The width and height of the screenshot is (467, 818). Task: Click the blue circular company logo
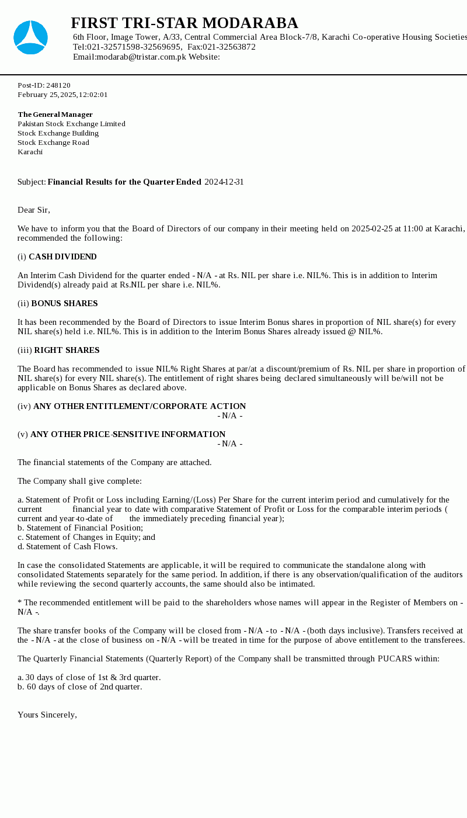point(30,37)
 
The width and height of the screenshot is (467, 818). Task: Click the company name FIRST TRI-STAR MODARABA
point(184,23)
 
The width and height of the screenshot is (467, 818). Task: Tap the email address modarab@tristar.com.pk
point(141,57)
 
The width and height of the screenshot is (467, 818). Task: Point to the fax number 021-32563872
point(229,47)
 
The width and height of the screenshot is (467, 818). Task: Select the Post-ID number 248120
point(58,85)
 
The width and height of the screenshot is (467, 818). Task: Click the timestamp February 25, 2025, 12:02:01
point(62,95)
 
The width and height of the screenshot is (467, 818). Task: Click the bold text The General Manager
point(55,115)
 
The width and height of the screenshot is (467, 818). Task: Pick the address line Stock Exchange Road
point(53,143)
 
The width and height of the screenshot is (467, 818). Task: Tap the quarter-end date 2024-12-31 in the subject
point(224,182)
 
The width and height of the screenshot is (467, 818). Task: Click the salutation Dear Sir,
point(34,210)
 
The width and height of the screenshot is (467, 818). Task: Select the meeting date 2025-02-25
point(372,229)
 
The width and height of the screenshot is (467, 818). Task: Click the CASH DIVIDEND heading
point(62,257)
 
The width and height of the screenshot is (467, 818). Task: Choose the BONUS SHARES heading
point(64,304)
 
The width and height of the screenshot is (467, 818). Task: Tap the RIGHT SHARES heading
point(67,351)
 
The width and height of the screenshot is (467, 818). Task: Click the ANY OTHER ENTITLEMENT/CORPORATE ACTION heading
point(140,407)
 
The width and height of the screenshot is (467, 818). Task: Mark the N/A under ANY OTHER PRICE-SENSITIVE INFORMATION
point(230,444)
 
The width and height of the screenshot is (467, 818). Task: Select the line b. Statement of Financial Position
point(80,528)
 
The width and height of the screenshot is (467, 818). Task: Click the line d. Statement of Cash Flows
point(67,547)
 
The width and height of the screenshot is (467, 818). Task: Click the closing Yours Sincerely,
point(47,715)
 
